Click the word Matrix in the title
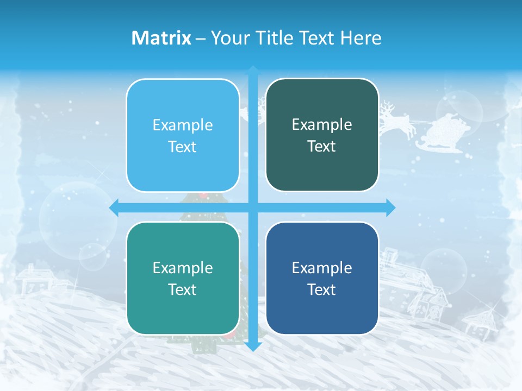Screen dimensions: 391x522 point(161,37)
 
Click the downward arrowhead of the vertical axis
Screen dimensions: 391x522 point(253,346)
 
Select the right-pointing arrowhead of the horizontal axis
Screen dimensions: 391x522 point(390,207)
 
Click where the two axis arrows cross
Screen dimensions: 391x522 point(253,207)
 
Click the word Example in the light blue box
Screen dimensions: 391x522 point(183,125)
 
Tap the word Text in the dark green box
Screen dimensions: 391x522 point(322,147)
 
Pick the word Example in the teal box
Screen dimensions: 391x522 point(183,268)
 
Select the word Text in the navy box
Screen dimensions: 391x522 point(322,289)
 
